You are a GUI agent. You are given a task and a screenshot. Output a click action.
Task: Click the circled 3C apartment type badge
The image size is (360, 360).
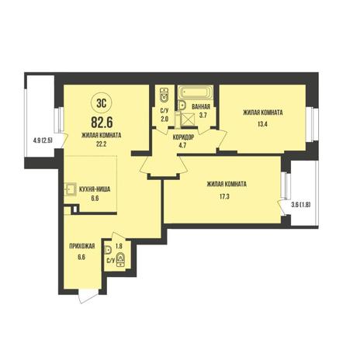(102, 103)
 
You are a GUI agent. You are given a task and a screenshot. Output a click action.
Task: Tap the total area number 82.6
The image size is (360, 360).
(102, 122)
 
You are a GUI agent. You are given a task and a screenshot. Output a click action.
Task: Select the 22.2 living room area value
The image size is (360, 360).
(102, 144)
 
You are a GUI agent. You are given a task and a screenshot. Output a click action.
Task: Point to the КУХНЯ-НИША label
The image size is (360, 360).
(95, 189)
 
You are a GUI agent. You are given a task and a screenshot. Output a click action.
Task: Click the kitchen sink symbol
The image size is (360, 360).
(70, 189)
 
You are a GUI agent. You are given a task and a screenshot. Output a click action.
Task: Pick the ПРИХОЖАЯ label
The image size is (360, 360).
(81, 246)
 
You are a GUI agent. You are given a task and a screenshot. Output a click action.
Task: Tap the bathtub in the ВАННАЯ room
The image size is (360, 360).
(196, 92)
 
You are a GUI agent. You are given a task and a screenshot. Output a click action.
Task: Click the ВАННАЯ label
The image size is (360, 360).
(201, 106)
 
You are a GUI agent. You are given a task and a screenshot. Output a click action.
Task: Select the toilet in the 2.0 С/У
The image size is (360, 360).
(164, 95)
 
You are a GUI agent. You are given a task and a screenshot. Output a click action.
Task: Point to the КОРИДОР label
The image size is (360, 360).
(183, 137)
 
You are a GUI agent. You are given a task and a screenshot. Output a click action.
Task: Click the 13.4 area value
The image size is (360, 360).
(262, 124)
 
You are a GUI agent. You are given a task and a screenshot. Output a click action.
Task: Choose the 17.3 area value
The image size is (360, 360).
(224, 196)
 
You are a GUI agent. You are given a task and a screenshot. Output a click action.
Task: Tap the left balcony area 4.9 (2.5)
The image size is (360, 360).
(43, 140)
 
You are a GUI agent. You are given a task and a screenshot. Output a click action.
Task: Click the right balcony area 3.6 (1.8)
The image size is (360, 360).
(301, 205)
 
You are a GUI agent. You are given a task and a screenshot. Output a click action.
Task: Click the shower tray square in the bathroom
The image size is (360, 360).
(188, 118)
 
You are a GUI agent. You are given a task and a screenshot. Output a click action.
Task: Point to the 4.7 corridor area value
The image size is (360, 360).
(183, 145)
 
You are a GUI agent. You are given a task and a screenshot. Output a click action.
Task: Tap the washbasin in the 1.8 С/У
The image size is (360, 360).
(108, 250)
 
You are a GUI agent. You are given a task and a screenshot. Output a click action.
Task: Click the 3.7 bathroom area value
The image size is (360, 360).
(202, 115)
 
